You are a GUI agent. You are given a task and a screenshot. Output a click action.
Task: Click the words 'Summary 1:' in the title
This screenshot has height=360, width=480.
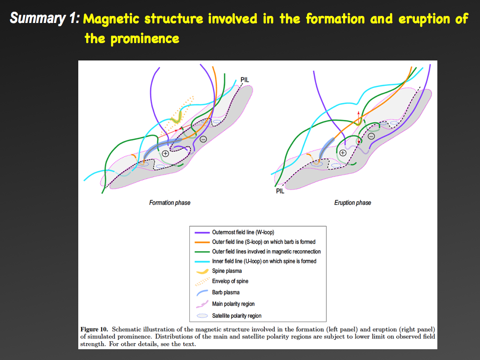pos(45,18)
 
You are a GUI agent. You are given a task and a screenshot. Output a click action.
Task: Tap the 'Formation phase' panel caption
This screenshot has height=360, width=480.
pos(170,202)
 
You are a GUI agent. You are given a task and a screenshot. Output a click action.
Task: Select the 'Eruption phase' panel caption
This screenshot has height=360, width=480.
pos(352,202)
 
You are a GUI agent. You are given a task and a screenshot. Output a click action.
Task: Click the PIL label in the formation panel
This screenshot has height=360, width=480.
pos(245,80)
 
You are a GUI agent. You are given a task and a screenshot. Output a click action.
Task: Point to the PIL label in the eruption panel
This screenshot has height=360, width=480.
pos(280,191)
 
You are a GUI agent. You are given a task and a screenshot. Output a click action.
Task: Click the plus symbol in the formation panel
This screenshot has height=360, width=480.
pos(165,153)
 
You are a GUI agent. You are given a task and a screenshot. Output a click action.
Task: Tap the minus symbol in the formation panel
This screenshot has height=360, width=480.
pos(203,139)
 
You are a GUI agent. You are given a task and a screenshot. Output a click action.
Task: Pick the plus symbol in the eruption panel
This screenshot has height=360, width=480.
pos(343,153)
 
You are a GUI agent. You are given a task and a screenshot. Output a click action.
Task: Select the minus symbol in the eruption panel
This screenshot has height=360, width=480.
pos(371,136)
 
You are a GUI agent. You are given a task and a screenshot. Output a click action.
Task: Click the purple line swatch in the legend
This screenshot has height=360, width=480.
pos(202,232)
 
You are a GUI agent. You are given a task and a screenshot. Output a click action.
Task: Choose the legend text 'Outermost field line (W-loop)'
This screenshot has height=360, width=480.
pos(243,232)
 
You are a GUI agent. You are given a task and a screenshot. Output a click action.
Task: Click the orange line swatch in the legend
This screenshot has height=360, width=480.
pos(202,242)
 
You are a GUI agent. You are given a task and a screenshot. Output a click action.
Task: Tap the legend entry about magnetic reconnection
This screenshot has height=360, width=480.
pos(266,252)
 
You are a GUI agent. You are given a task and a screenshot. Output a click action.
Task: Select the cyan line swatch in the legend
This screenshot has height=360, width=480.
pos(202,262)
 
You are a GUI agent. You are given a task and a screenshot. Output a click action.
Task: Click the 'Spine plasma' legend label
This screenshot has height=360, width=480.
pos(227,271)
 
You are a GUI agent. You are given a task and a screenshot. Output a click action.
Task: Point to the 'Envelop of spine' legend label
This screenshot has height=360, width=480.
pos(230,281)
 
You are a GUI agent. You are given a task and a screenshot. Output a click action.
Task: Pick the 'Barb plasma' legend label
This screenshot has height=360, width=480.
pos(226,292)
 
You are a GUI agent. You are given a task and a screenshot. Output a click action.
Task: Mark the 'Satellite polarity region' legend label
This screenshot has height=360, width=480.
pos(237,315)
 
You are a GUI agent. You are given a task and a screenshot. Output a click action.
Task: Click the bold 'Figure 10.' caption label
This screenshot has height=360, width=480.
pos(94,330)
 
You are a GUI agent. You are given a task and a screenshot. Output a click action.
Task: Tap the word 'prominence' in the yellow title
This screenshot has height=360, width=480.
pos(145,39)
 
